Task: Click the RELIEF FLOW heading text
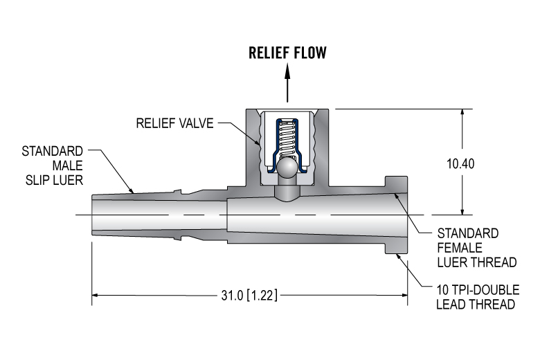coord(288,53)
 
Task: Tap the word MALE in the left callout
coord(69,166)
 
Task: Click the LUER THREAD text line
coord(477,262)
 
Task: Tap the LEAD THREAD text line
coord(476,305)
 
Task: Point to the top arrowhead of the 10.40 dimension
coord(462,113)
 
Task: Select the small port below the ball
coord(287,191)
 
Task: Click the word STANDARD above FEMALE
coord(468,233)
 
